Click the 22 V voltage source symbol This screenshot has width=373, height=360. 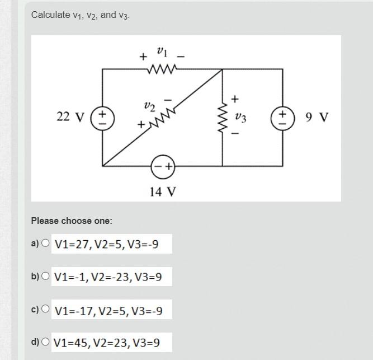coord(102,118)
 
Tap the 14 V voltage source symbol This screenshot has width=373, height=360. coord(163,166)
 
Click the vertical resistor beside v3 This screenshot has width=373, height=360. coord(223,118)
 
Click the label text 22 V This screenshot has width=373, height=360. coord(70,118)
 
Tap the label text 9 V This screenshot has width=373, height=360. coord(317,118)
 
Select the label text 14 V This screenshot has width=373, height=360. coord(163,192)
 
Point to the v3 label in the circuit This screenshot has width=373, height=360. coord(240,118)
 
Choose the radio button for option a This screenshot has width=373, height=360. coord(45,243)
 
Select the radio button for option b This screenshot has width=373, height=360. coord(45,276)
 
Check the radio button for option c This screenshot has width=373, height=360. coord(45,308)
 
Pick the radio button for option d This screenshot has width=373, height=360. coord(45,341)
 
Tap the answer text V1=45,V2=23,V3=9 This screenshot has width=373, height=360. coord(106,342)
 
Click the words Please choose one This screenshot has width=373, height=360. coord(72,221)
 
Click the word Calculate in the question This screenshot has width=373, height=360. coord(50,15)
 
